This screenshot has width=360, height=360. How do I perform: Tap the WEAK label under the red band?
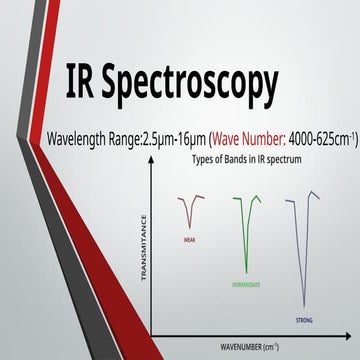(x=189, y=240)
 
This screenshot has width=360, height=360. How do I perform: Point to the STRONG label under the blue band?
(x=304, y=320)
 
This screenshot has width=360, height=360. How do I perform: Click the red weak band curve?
(x=188, y=212)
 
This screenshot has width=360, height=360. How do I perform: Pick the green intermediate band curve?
(x=244, y=230)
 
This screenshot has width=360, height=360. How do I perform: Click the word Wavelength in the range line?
(x=66, y=137)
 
